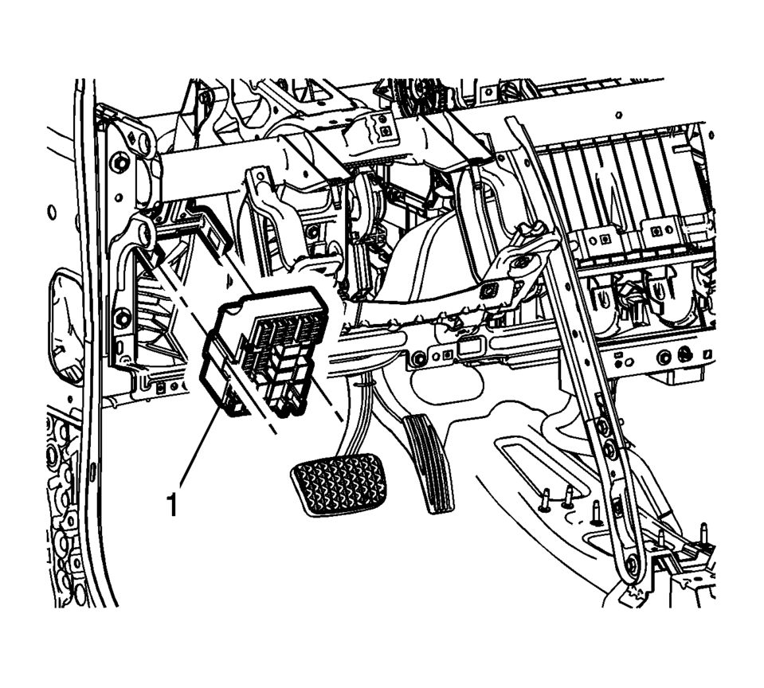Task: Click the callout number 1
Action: click(x=171, y=504)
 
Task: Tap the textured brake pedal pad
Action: click(x=339, y=483)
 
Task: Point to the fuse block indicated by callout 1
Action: click(x=264, y=351)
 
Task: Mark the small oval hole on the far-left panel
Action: click(x=51, y=213)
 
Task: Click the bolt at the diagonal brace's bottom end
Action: click(x=632, y=565)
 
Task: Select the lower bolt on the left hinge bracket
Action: click(x=123, y=319)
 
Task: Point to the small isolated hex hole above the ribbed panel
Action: click(x=619, y=115)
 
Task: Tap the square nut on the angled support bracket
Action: click(x=488, y=291)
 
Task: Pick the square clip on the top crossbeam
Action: click(x=386, y=131)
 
